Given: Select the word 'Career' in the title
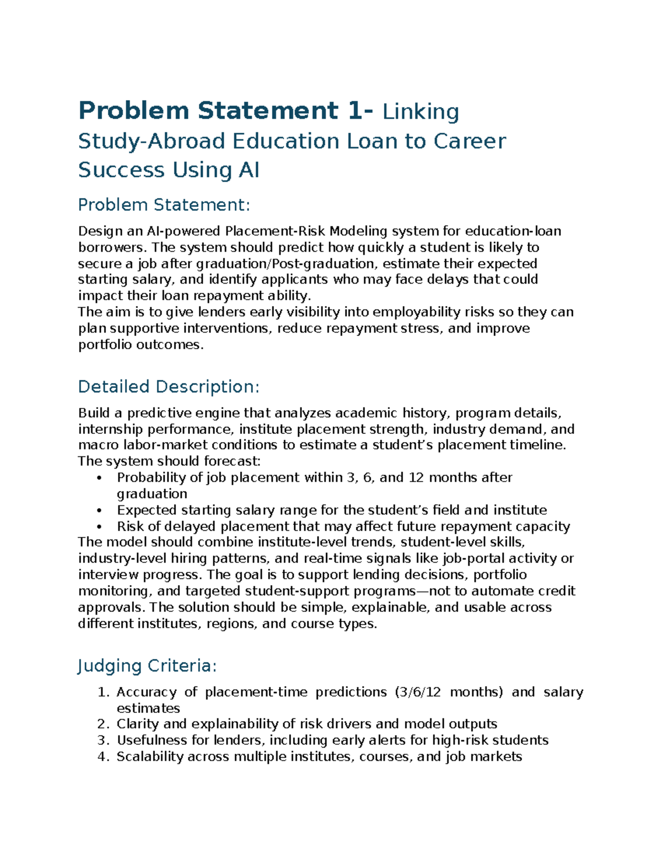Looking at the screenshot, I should coord(469,141).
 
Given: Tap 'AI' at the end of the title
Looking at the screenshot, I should coord(248,170).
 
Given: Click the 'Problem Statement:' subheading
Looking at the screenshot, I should coord(164,205).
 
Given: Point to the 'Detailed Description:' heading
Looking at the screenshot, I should coord(169,387).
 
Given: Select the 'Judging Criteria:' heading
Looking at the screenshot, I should coord(147,666).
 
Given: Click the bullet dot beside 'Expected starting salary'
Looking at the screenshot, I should coord(99,510).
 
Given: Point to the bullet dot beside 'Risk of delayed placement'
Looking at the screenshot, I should coord(99,527).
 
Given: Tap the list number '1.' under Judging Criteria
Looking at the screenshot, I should coord(104,693).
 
